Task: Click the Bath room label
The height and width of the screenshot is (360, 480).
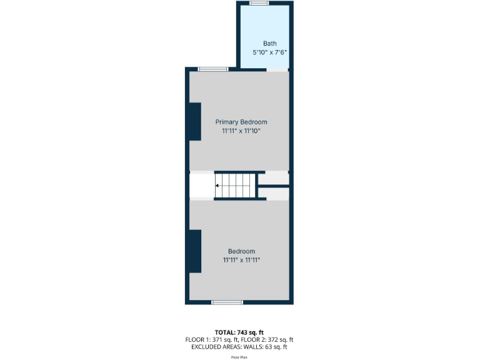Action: pos(269,44)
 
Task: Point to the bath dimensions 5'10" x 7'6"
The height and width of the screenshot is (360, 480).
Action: pos(269,53)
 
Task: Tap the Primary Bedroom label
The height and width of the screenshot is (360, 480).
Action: pos(241,122)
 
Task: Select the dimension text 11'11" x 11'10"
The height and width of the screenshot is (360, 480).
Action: pos(241,131)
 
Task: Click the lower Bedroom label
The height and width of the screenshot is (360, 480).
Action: pos(241,251)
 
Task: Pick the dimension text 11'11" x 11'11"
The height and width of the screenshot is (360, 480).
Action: pos(241,260)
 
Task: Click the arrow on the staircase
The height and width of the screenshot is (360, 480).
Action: pos(218,186)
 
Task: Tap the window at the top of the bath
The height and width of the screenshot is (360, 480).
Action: pos(259,3)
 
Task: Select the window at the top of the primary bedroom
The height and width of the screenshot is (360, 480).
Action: pos(213,69)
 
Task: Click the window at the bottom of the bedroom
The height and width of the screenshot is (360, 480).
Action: pos(227,302)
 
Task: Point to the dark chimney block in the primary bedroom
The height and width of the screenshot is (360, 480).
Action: pos(195,122)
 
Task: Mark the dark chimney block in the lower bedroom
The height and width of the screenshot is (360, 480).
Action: pos(195,251)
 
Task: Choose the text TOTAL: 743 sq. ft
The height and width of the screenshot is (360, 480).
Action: pos(240,331)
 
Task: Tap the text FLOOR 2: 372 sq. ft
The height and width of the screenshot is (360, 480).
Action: pos(268,339)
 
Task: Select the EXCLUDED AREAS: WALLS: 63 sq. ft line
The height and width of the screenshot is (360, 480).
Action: pos(240,347)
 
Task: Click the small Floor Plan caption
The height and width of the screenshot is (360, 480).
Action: pos(240,357)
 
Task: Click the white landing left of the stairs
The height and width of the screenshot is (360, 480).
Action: pos(201,186)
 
